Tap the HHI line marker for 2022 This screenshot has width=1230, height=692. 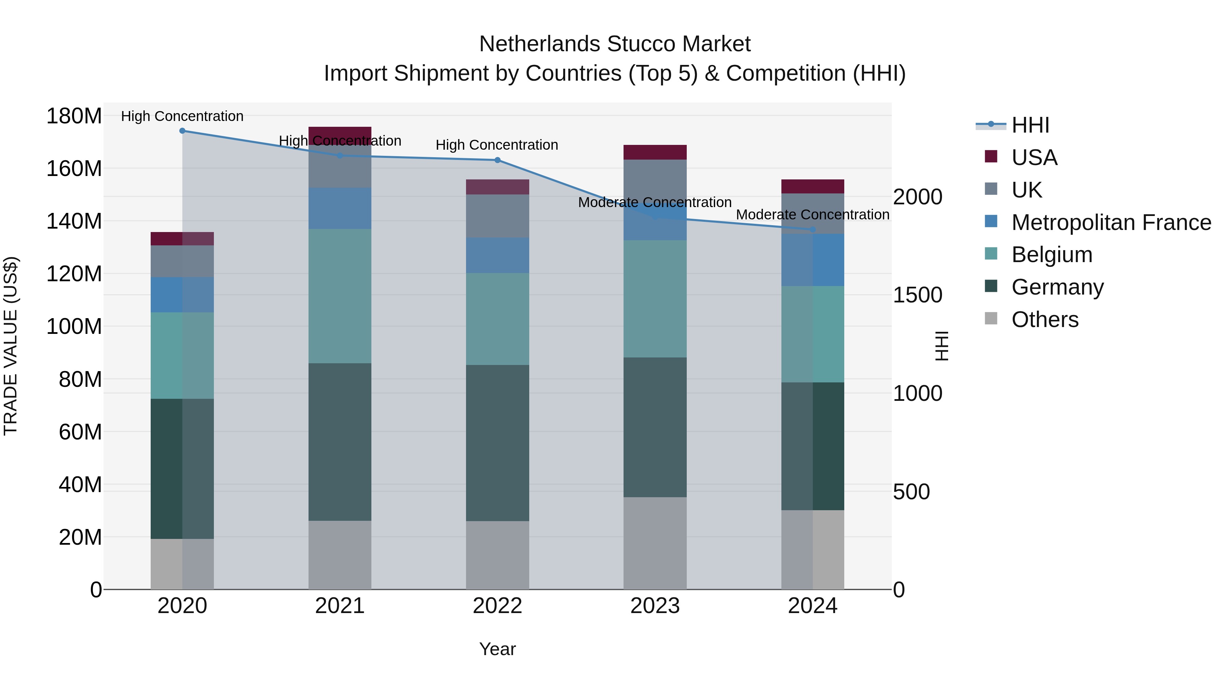[x=497, y=160]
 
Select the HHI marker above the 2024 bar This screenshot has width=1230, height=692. [x=813, y=230]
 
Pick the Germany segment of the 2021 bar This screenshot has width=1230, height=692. [x=340, y=442]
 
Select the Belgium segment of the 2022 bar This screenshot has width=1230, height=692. [x=497, y=319]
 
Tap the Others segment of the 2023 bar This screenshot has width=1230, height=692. [x=655, y=543]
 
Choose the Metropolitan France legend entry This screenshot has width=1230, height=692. [x=1111, y=222]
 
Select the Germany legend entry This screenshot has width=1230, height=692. [x=1057, y=287]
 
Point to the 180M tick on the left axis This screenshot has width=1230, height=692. [x=74, y=116]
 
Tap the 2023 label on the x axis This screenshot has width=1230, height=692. [x=655, y=606]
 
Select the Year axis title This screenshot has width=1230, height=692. [x=497, y=649]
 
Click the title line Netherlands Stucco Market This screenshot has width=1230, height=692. [x=615, y=44]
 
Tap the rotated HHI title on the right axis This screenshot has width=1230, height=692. [x=941, y=346]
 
